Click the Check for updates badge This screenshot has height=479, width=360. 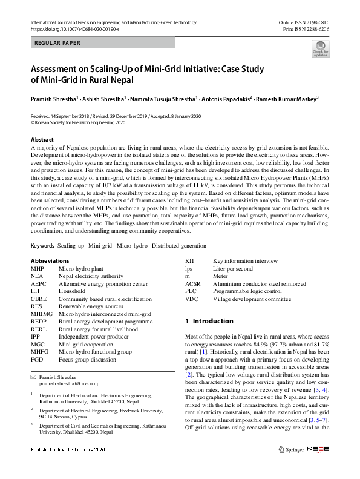[320, 49]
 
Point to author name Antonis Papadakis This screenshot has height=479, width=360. [226, 98]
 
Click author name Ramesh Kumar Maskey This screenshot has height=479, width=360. [290, 98]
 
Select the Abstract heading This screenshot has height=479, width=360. [42, 140]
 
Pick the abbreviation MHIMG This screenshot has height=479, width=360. [41, 314]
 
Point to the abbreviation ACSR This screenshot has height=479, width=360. [194, 283]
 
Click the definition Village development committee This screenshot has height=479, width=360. [252, 299]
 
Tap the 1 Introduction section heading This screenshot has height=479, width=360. [209, 321]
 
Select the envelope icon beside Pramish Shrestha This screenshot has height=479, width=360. [33, 377]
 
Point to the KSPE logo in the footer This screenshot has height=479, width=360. [318, 466]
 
